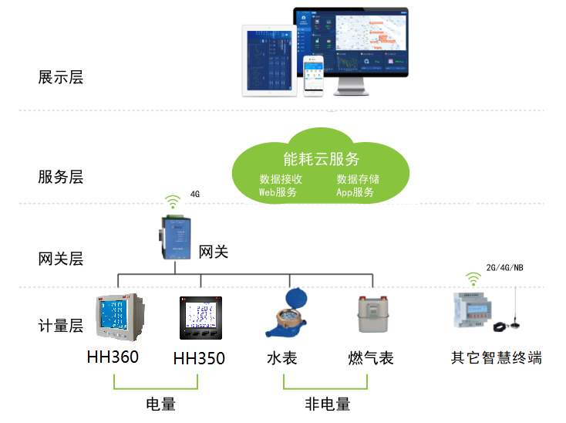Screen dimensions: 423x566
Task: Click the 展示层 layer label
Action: tap(60, 77)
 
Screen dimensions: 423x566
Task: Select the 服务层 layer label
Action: tap(60, 177)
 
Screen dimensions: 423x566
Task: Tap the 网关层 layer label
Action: tap(60, 259)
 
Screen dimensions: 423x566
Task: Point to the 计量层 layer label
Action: tap(60, 326)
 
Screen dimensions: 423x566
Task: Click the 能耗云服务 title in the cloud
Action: tap(322, 160)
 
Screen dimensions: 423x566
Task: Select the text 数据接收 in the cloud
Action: tap(280, 179)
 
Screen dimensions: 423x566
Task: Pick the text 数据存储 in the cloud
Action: tap(358, 179)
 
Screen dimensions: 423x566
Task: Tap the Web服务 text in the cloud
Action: tap(278, 192)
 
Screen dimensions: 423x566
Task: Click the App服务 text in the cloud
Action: tap(355, 192)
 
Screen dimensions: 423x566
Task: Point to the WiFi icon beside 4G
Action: tap(174, 201)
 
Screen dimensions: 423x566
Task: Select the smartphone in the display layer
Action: tap(314, 76)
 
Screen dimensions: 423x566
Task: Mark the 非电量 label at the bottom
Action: tap(327, 404)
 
